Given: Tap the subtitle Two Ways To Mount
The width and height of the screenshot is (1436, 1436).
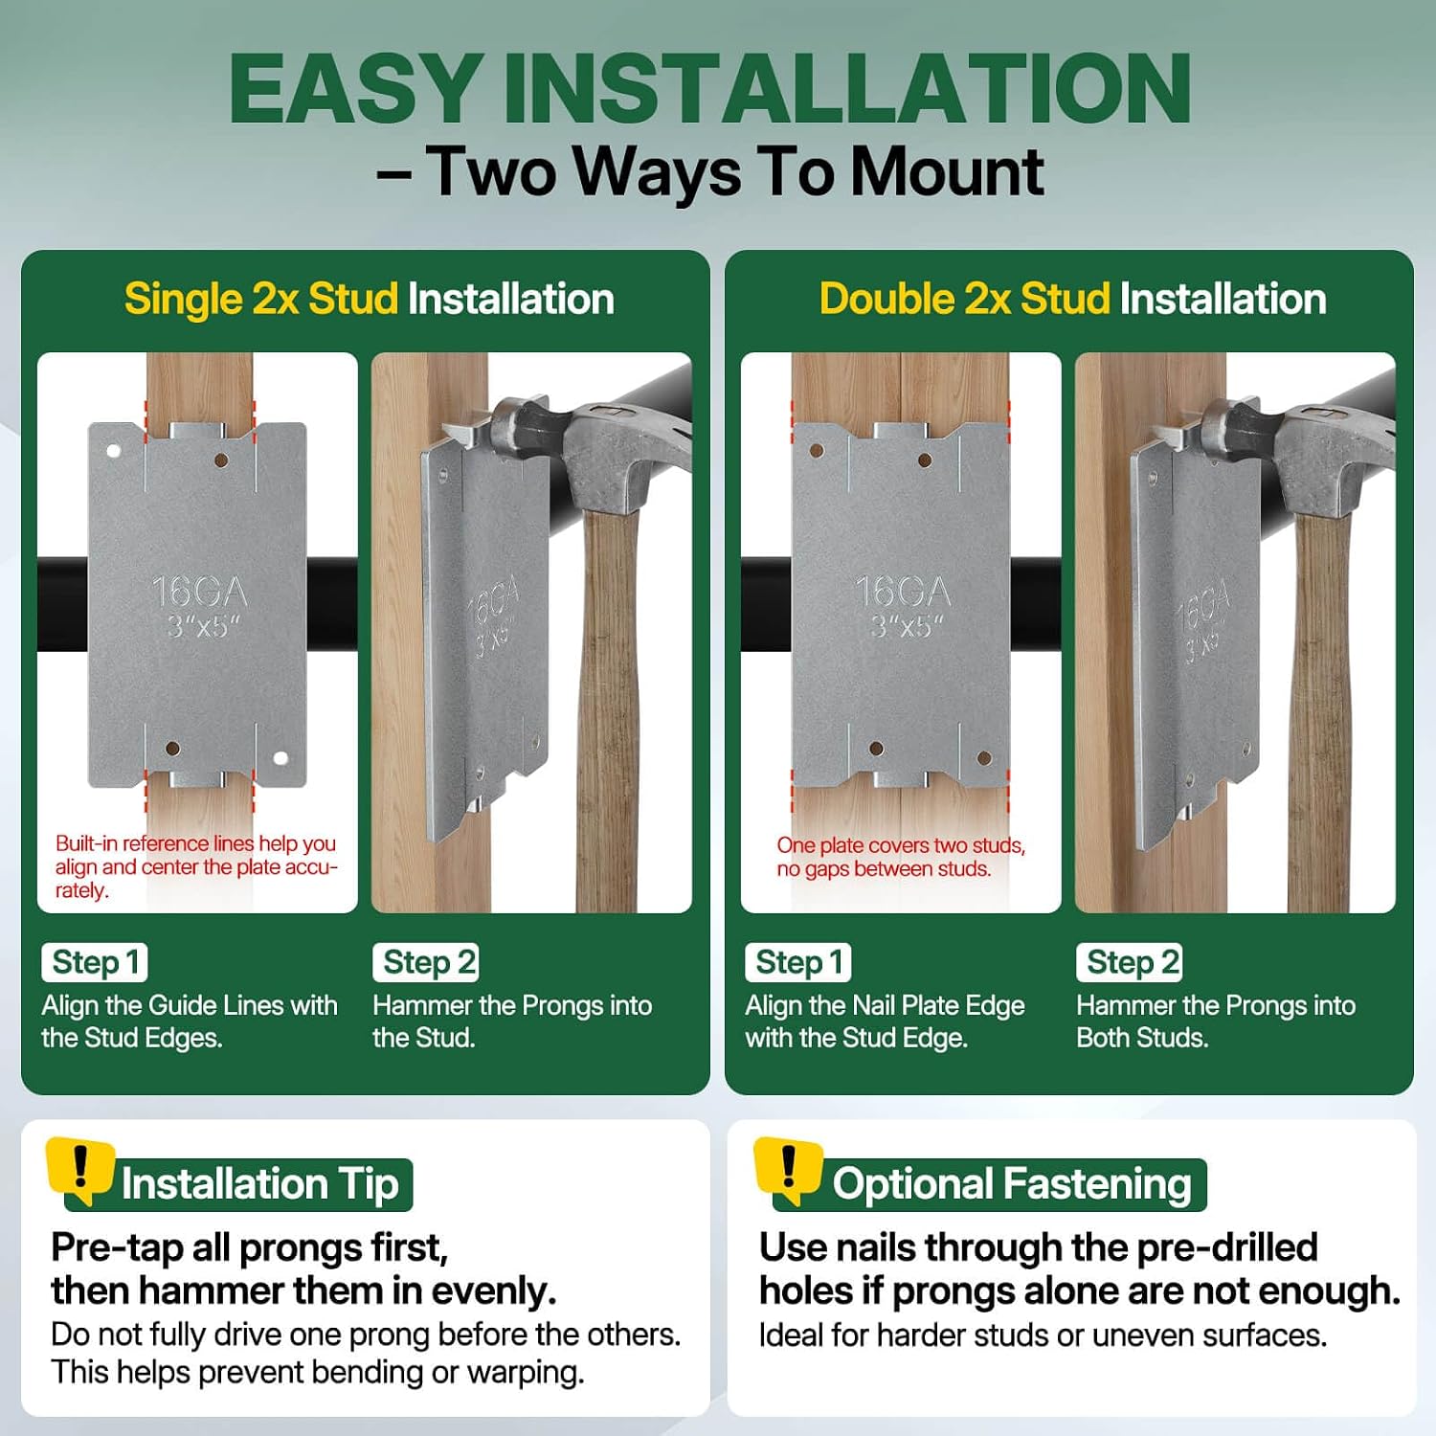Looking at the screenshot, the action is tap(734, 172).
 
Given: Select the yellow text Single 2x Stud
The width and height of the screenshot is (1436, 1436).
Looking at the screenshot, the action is tap(261, 300).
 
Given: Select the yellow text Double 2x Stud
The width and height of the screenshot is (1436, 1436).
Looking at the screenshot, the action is tap(965, 300).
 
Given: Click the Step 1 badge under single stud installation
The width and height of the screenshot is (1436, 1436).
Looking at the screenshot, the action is tap(95, 962).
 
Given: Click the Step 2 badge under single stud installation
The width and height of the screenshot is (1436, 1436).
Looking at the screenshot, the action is tap(426, 962).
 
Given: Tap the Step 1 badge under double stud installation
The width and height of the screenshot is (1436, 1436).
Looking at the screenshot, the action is tap(798, 962).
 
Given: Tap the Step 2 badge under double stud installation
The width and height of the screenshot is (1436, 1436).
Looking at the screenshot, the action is tap(1130, 962).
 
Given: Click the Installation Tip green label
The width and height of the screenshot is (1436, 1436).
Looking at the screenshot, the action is tap(259, 1184).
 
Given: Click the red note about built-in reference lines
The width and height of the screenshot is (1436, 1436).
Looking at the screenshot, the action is tap(196, 867).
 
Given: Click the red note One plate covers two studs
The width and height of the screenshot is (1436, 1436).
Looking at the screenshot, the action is tap(901, 857).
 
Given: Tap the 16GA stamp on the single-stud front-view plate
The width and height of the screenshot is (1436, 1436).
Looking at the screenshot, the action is tap(199, 592).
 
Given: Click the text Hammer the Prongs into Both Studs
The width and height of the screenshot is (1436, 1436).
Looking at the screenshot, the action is tap(1216, 1021).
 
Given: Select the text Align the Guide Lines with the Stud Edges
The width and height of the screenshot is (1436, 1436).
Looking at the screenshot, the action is tap(190, 1021).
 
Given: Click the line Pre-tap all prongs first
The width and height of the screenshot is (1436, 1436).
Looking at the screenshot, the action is tap(249, 1248).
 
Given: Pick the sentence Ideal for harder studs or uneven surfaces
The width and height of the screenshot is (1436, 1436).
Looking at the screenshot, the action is tap(1043, 1335).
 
